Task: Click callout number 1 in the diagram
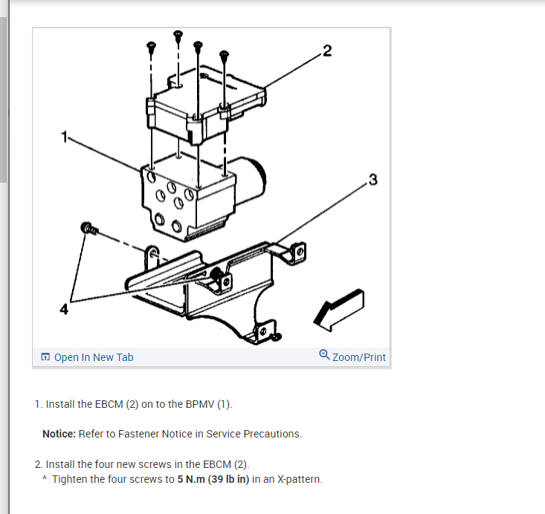pyautogui.click(x=65, y=137)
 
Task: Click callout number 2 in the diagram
pyautogui.click(x=328, y=51)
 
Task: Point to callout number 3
pyautogui.click(x=373, y=180)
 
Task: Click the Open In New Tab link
pyautogui.click(x=94, y=357)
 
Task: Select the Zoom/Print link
pyautogui.click(x=359, y=357)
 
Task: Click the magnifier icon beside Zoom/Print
pyautogui.click(x=324, y=356)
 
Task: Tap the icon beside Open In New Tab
pyautogui.click(x=46, y=357)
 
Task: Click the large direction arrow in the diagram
pyautogui.click(x=340, y=308)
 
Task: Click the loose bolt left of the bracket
pyautogui.click(x=88, y=228)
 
